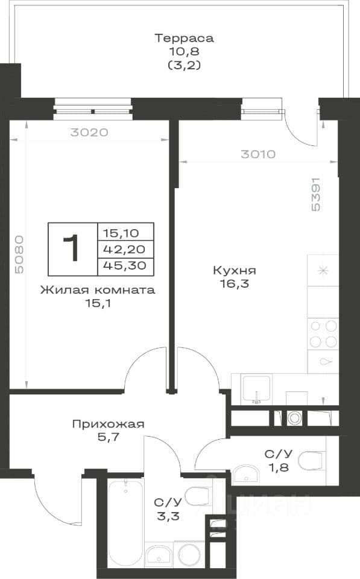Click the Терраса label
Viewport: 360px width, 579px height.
(x=184, y=38)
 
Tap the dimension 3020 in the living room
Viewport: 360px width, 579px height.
(x=89, y=132)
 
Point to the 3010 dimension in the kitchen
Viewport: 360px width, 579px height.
(x=258, y=154)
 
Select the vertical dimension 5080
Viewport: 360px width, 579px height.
(x=19, y=255)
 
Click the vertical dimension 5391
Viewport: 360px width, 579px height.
(x=316, y=195)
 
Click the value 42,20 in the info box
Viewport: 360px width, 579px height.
(x=124, y=249)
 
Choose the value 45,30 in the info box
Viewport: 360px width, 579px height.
(x=125, y=265)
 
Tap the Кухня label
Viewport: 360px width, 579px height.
(x=235, y=270)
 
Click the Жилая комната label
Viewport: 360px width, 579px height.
(x=98, y=290)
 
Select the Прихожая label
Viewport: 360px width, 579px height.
(x=108, y=424)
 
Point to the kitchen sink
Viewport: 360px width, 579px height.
(x=256, y=388)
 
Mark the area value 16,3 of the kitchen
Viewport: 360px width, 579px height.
(x=235, y=284)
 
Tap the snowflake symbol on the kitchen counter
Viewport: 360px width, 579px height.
(x=323, y=271)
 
